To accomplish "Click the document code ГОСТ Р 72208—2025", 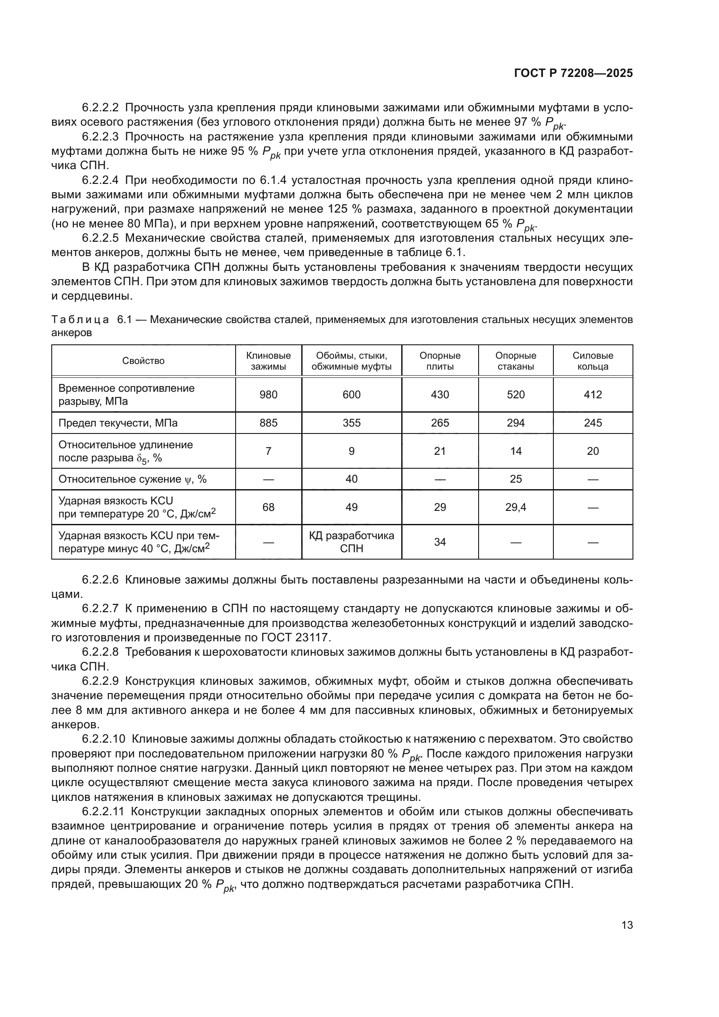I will click(573, 73).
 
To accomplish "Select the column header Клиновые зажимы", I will click(268, 361).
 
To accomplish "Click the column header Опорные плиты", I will click(439, 361).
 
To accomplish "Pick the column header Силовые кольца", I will click(593, 361).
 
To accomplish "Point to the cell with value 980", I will click(268, 395).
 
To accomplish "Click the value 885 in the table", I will click(268, 423).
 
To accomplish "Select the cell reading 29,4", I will click(516, 507).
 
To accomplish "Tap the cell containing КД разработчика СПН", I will click(352, 542).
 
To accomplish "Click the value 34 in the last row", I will click(439, 542).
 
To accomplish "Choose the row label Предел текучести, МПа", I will click(118, 423).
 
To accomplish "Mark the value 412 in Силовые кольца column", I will click(593, 395).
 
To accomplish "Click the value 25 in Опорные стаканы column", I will click(516, 479).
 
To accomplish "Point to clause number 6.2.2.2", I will click(100, 108).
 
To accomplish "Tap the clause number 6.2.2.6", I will click(100, 580).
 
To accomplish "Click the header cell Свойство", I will click(143, 361).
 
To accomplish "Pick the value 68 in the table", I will click(268, 507).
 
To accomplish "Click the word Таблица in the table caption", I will click(80, 320).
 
